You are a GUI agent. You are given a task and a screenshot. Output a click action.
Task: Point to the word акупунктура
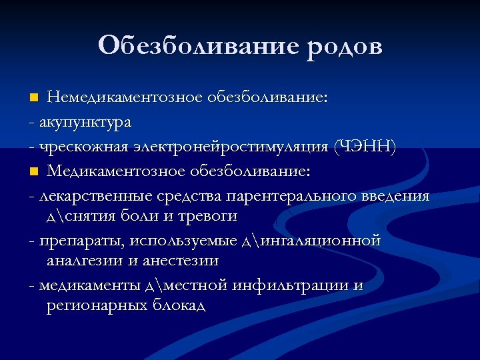click(x=85, y=123)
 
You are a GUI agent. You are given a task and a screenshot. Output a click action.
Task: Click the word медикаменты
click(x=89, y=285)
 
